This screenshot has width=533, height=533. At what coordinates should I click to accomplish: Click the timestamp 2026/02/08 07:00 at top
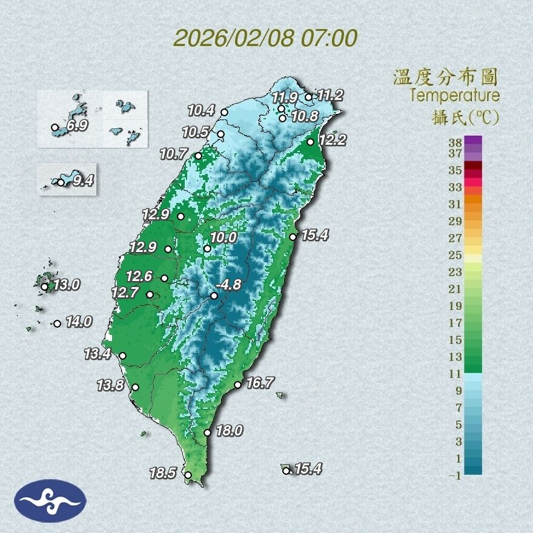coord(265,38)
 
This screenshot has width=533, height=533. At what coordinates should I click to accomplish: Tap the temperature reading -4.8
coord(230,284)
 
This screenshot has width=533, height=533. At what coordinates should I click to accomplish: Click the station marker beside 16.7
coord(238,385)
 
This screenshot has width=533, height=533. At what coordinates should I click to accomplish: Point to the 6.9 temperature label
coord(78,127)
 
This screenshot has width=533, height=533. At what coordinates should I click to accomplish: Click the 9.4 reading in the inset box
coord(82,180)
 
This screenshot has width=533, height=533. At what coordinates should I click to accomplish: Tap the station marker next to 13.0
coord(44,287)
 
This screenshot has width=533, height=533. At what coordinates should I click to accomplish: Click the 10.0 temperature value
coord(224,238)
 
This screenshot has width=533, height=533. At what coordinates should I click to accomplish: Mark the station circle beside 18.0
coord(207,432)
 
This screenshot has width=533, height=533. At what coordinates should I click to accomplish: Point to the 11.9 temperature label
coord(284,97)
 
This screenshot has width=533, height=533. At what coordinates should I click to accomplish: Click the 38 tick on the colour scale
coord(455,143)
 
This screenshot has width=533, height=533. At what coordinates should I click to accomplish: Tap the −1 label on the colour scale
coord(455,476)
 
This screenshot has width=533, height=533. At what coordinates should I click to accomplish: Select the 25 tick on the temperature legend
coord(455,255)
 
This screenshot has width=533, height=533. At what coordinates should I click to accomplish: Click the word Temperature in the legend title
coord(454,96)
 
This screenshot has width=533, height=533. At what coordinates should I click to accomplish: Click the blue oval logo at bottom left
coord(51,500)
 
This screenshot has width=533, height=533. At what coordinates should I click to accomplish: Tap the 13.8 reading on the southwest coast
coord(110,385)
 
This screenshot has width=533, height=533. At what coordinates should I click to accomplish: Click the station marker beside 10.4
coord(224,112)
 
